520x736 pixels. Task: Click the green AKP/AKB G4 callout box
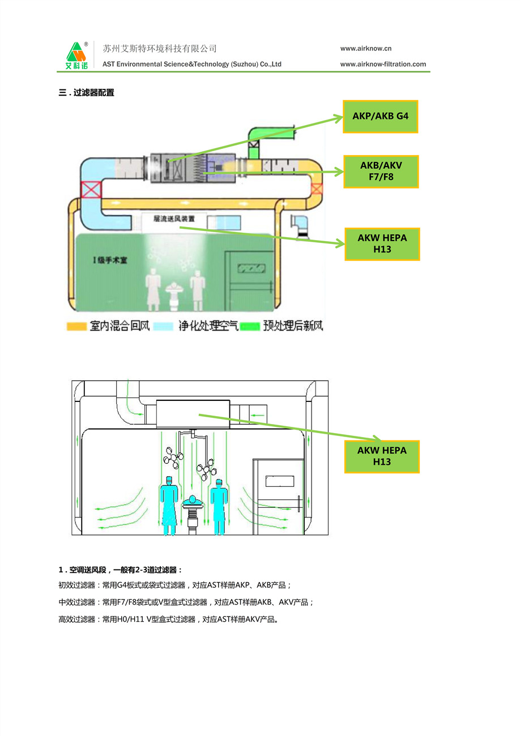(x=380, y=117)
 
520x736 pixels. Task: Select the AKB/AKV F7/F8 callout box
(x=381, y=172)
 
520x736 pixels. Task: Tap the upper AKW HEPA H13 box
(x=382, y=243)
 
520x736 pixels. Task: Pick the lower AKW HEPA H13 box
(x=382, y=456)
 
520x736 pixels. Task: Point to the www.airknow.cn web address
(x=366, y=49)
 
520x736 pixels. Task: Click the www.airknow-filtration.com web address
(x=383, y=64)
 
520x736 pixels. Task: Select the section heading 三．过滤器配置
(x=87, y=93)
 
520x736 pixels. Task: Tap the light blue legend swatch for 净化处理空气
(x=164, y=327)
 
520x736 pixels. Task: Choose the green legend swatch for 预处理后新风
(x=249, y=327)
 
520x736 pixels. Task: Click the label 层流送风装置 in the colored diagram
(x=174, y=218)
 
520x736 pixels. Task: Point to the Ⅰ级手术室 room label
(x=110, y=260)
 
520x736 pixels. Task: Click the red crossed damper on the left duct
(x=91, y=189)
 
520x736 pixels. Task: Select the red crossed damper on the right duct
(x=317, y=189)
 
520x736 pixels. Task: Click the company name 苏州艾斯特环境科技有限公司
(x=160, y=49)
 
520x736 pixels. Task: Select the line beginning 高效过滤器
(x=168, y=619)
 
